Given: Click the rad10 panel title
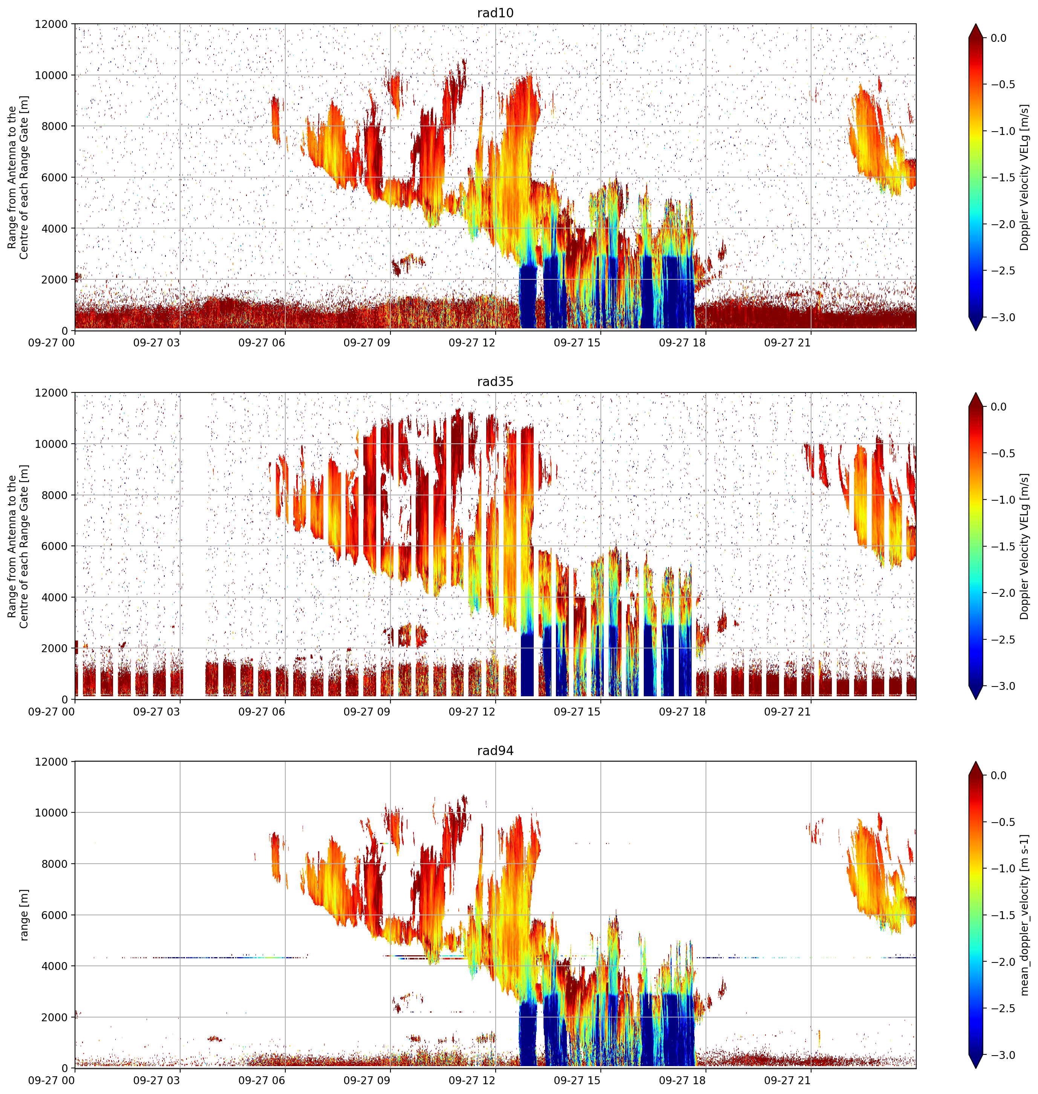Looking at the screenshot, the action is pyautogui.click(x=495, y=13).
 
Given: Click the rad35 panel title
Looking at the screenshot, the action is pyautogui.click(x=495, y=382).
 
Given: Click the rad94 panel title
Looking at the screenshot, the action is pyautogui.click(x=495, y=751).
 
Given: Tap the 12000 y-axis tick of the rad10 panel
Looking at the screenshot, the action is pyautogui.click(x=52, y=25).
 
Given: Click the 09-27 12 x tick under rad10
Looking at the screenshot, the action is pyautogui.click(x=472, y=343).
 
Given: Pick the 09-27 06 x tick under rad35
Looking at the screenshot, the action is pyautogui.click(x=262, y=712).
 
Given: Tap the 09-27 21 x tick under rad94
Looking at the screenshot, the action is pyautogui.click(x=787, y=1081).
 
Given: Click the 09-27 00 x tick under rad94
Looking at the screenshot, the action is pyautogui.click(x=52, y=1081).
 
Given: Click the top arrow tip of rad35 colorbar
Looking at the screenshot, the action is pyautogui.click(x=976, y=394).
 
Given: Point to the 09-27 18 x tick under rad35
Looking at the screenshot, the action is pyautogui.click(x=682, y=712).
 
